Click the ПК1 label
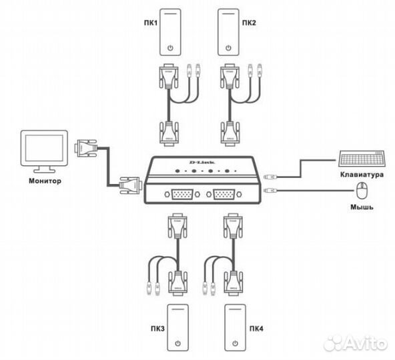149,23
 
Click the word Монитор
45,180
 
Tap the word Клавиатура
360,175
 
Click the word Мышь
362,207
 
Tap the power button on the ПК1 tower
172,48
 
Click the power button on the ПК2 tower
229,48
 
